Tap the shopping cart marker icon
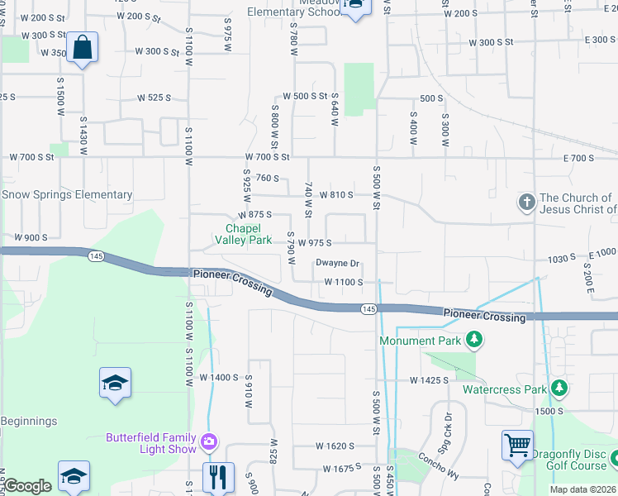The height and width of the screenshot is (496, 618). point(517,446)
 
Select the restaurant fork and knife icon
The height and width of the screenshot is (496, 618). point(219,476)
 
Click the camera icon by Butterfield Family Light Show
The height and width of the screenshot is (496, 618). point(210,441)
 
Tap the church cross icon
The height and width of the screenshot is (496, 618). point(526,203)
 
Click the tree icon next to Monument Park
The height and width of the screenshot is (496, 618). point(474,339)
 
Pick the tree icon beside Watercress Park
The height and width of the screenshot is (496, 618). point(559,388)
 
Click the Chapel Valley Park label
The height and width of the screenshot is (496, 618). point(244,234)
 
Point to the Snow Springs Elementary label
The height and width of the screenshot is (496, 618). point(67,195)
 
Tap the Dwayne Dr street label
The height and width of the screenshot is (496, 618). point(338,264)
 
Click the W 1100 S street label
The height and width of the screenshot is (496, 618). point(344,282)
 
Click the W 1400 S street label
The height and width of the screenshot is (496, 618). point(219,377)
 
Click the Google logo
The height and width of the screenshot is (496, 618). point(27,486)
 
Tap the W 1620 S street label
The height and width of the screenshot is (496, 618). point(334,446)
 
